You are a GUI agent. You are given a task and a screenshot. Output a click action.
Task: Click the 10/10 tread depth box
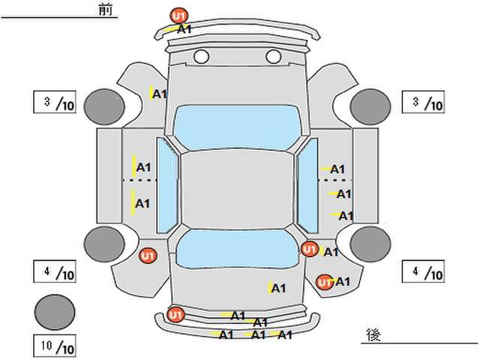point(55,346)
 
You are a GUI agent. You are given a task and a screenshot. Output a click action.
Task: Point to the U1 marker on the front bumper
point(178,15)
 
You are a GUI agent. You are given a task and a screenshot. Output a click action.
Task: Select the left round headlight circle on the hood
point(201,56)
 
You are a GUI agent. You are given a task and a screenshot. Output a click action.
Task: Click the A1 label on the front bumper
point(184,29)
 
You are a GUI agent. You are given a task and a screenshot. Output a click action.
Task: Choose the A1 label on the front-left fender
point(159,94)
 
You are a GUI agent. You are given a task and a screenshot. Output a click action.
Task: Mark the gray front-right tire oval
point(369,106)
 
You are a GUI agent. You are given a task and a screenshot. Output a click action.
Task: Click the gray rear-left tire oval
point(103,243)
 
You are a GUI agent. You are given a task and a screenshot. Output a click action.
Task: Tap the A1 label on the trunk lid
point(278,287)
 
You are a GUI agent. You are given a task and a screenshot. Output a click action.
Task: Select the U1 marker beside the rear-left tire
point(148,256)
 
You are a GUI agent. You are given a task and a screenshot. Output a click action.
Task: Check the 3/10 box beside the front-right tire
point(424,103)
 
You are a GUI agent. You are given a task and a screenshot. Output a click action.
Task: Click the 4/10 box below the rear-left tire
point(55,271)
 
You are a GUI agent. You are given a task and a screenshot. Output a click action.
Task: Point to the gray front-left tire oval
point(103,106)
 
